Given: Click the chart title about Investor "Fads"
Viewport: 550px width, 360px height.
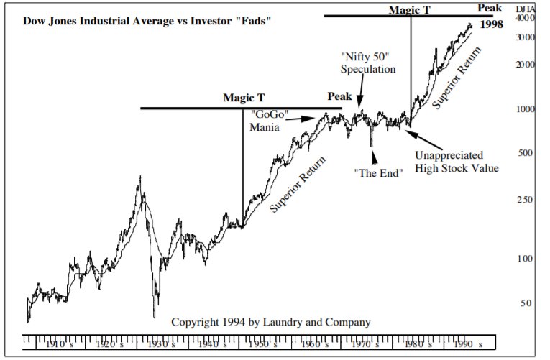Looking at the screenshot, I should point(148,20).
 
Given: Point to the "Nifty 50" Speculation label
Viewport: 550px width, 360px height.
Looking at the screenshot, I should point(368,63).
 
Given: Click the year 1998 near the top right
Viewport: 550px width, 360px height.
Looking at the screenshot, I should point(492,24).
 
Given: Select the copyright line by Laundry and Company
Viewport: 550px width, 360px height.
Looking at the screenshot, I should point(271,323).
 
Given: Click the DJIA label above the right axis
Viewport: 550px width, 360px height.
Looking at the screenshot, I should point(526,7).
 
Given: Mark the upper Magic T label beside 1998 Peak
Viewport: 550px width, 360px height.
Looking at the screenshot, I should point(409,10).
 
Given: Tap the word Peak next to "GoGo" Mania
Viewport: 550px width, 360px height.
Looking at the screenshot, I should point(339,96).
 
